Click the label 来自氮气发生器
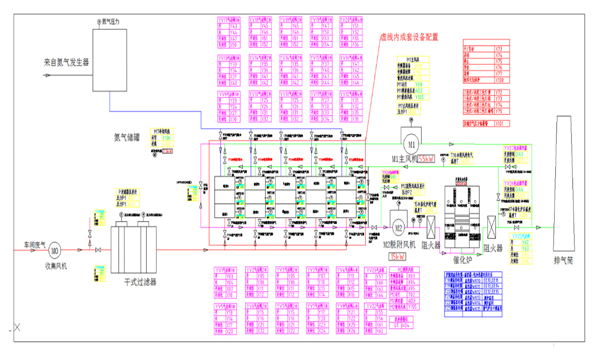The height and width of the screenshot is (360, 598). (67, 62)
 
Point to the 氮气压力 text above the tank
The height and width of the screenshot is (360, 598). (110, 22)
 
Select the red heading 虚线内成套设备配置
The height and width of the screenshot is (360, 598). (409, 38)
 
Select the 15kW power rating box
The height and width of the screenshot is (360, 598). (396, 256)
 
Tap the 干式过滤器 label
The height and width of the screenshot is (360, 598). (139, 282)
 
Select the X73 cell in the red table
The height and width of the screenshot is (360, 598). (499, 49)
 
